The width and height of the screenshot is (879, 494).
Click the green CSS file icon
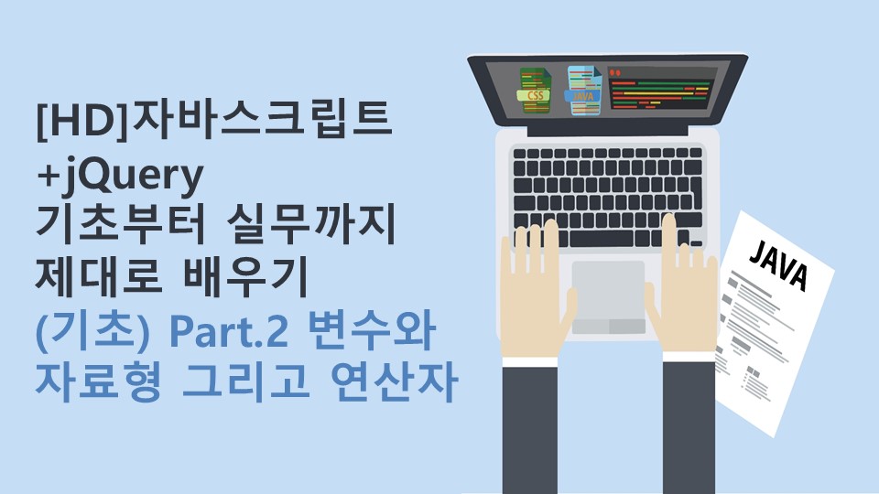534,90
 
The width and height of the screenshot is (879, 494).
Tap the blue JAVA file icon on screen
583,91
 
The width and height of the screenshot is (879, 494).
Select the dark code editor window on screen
662,88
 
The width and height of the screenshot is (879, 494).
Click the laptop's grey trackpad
608,297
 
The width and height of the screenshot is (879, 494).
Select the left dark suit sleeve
530,428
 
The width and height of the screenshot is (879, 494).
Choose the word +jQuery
119,176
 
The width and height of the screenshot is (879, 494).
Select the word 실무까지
311,225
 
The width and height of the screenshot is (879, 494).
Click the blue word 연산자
394,382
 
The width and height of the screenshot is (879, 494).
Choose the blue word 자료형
99,382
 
